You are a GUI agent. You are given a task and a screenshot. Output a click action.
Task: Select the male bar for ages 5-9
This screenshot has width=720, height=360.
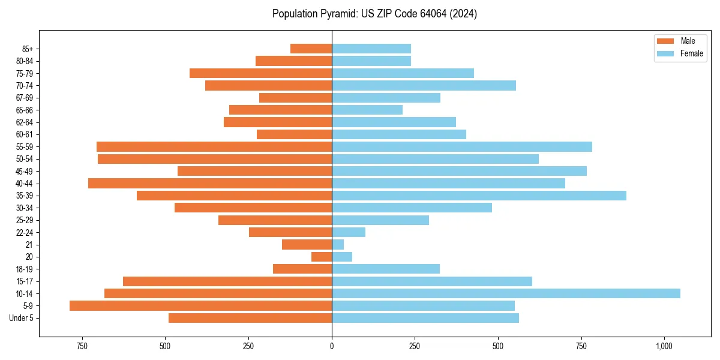point(200,306)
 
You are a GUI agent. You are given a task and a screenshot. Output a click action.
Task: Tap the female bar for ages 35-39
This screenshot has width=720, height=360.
point(479,196)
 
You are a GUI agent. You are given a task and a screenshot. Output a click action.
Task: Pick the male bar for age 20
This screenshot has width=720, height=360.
point(322,257)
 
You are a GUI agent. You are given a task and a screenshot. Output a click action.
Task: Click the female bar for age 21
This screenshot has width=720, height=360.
point(338,245)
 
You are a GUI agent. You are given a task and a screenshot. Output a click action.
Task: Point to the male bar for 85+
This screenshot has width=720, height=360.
point(311,49)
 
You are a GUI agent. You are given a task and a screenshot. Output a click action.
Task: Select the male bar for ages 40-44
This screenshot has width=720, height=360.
point(210,184)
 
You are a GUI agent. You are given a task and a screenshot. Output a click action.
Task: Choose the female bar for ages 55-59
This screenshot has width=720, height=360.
point(462,147)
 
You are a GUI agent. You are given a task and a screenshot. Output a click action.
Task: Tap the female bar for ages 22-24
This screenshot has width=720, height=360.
point(349,232)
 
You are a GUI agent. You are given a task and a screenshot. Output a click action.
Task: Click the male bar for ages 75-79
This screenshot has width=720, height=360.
point(260,73)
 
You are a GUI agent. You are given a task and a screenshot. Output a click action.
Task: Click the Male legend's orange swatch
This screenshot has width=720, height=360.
point(666,41)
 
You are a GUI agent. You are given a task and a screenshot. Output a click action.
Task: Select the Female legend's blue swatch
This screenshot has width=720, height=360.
point(666,53)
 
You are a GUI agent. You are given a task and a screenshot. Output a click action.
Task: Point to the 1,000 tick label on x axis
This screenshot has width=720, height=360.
point(664,347)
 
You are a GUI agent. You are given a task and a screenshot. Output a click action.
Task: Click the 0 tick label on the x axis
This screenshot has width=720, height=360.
point(332,347)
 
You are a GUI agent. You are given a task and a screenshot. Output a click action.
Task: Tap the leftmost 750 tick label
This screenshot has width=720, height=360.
point(82,347)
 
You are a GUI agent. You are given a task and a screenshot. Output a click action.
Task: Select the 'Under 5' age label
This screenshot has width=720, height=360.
point(22,318)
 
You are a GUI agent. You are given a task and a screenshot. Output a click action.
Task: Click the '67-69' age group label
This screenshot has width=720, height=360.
point(25,98)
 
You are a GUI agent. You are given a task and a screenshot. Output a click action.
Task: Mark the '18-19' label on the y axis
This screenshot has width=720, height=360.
point(25,269)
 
